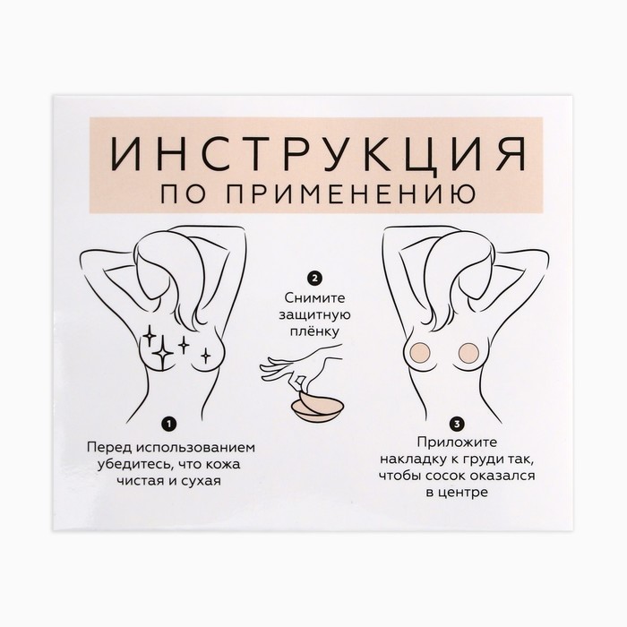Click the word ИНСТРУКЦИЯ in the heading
[318, 154]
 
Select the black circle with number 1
[170, 424]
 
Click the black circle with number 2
[314, 278]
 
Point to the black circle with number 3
[457, 424]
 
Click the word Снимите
[314, 298]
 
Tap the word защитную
[314, 315]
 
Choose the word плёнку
[314, 332]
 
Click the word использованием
[195, 447]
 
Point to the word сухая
[201, 480]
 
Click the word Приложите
[457, 442]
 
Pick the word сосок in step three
[445, 477]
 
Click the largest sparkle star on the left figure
[163, 353]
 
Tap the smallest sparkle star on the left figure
[205, 355]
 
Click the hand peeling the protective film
[301, 368]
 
